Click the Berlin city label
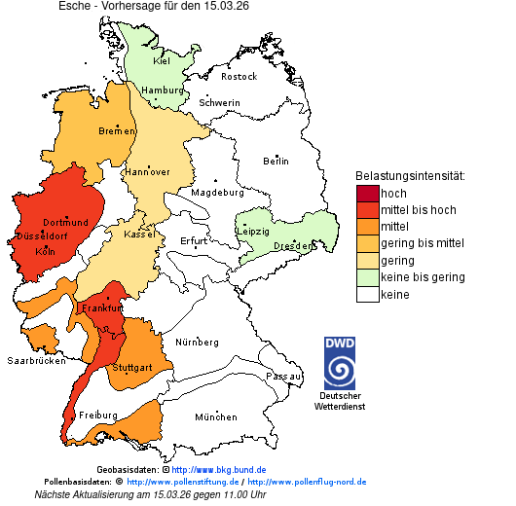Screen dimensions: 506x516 [x=276, y=161]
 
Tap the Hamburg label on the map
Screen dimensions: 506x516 [x=163, y=90]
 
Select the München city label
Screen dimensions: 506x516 [x=215, y=417]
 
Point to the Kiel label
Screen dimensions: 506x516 [x=162, y=60]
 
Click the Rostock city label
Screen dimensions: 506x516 [x=239, y=76]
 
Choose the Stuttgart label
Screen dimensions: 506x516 [x=132, y=368]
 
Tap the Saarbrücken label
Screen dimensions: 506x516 [x=36, y=360]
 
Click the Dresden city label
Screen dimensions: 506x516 [x=293, y=246]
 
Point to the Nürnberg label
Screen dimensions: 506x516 [x=198, y=343]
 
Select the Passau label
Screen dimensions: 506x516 [x=284, y=376]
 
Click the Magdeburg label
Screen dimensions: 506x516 [x=217, y=192]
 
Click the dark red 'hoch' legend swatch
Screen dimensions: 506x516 [x=367, y=194]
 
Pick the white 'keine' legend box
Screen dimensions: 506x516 [x=367, y=294]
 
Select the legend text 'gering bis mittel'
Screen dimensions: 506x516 [x=423, y=243]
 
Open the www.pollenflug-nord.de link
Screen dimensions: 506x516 [x=307, y=482]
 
